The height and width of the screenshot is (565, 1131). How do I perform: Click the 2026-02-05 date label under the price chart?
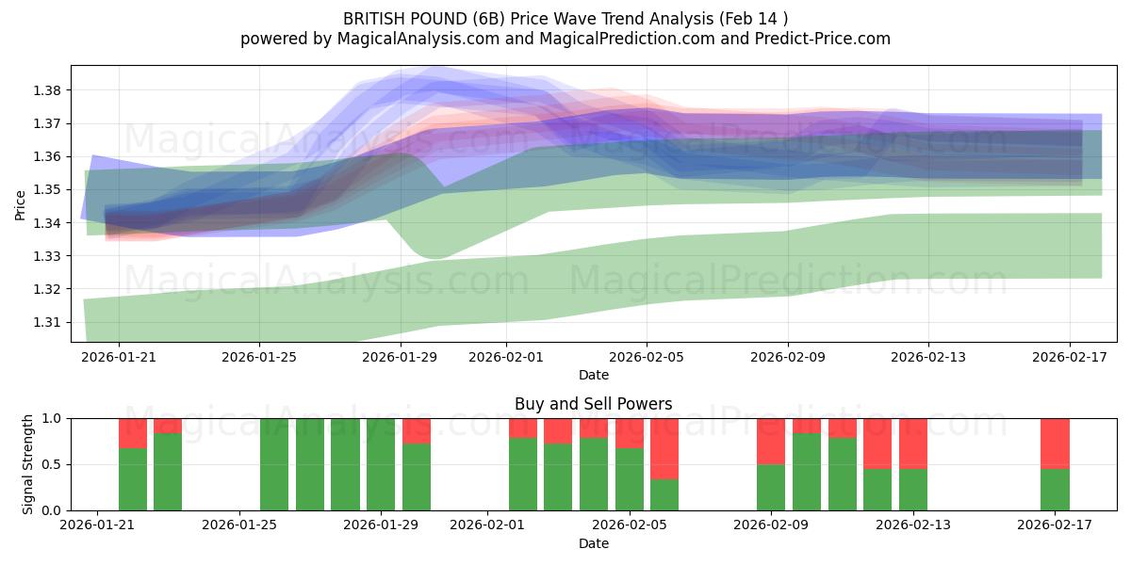coord(646,357)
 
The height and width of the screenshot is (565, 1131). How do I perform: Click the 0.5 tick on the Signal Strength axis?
coord(52,464)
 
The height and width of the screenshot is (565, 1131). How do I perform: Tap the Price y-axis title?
coord(21,204)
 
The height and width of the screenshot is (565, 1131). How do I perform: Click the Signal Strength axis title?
coord(28,463)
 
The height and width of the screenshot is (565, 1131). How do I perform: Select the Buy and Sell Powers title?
coord(593,404)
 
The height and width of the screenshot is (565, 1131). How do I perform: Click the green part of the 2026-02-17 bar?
coord(1055,489)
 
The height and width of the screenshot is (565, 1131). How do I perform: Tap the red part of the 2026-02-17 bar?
coord(1055,443)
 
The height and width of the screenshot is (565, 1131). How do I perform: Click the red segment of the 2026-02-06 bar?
coord(664,448)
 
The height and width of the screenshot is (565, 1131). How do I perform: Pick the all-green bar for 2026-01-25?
coord(274,464)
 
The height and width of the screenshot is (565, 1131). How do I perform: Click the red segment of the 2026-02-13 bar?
coord(913,443)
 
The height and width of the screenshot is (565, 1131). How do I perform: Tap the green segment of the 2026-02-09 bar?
coord(771,487)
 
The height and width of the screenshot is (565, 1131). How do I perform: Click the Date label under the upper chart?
coord(593,375)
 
